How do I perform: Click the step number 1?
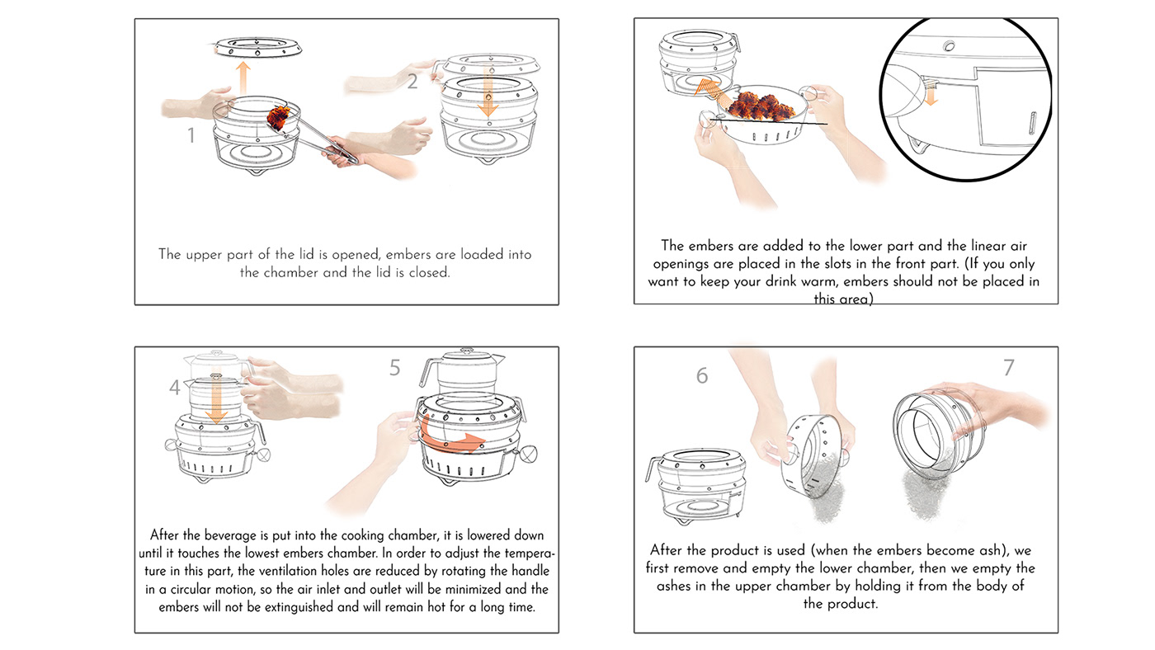click(x=191, y=135)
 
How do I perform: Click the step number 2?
click(x=412, y=81)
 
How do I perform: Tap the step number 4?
click(x=175, y=387)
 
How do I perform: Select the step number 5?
click(x=395, y=367)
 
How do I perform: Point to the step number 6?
click(x=702, y=376)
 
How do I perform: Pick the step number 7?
click(x=1009, y=367)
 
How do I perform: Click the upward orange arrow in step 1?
click(x=243, y=78)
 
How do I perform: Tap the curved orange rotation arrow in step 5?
click(x=450, y=437)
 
